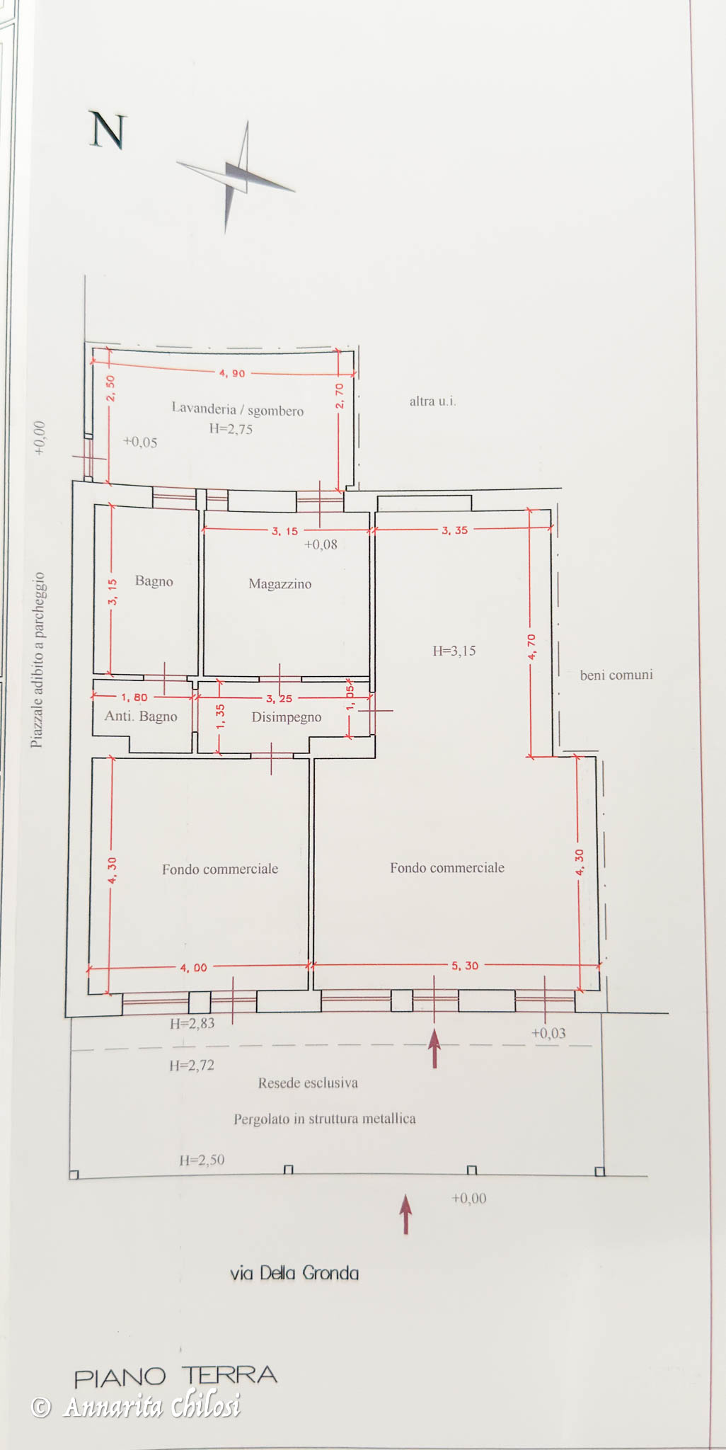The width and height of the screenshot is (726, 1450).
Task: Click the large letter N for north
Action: pos(108,131)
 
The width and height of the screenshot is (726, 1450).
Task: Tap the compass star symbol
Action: pos(236,177)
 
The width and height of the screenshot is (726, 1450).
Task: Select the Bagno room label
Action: pos(154,581)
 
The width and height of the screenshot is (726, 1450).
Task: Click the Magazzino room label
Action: pos(280,584)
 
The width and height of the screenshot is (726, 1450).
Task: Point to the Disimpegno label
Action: pos(287,717)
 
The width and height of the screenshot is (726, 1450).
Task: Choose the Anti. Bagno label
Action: pos(141,717)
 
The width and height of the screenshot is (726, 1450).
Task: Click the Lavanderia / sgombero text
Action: pos(238,409)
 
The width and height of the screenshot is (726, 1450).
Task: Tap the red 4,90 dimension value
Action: pos(232,373)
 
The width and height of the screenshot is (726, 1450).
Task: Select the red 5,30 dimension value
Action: pos(465,966)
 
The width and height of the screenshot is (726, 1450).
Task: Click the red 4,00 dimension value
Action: pos(193,968)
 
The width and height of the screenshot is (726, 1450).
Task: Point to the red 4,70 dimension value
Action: pos(532,647)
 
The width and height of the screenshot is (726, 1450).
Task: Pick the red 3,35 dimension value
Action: pos(454,530)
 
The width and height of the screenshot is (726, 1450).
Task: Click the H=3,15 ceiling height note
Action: pos(454,651)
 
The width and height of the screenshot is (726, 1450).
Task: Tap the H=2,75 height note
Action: pos(231,429)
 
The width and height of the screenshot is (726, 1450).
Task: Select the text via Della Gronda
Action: pos(294,1273)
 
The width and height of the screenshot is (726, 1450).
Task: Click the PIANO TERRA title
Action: pos(175,1376)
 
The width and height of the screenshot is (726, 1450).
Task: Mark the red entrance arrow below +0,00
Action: pos(405,1214)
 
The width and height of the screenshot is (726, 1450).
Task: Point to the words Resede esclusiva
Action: pos(308,1083)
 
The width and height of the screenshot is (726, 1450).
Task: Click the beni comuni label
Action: pos(616,675)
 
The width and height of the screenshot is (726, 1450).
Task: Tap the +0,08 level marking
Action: pos(321,544)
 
